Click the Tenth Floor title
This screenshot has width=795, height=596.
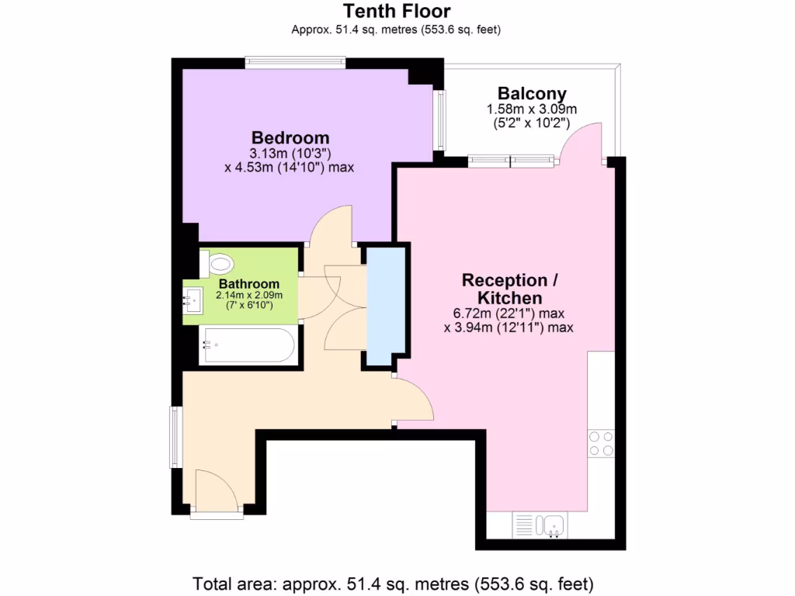pyautogui.click(x=396, y=11)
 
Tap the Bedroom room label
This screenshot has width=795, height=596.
pyautogui.click(x=289, y=139)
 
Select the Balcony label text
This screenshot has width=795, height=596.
pyautogui.click(x=532, y=94)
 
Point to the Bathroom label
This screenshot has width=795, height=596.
pyautogui.click(x=248, y=283)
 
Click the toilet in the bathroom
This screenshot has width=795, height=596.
pyautogui.click(x=217, y=264)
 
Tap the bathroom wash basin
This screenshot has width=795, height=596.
pyautogui.click(x=192, y=299)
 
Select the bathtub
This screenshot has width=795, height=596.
pyautogui.click(x=247, y=345)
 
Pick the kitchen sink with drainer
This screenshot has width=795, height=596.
pyautogui.click(x=540, y=525)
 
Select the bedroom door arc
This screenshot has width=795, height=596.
pyautogui.click(x=331, y=225)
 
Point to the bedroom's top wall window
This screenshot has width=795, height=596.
pyautogui.click(x=294, y=62)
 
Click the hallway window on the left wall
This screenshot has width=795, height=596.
pyautogui.click(x=175, y=437)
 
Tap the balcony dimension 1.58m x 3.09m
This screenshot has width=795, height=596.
pyautogui.click(x=532, y=109)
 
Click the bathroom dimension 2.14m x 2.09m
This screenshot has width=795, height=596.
pyautogui.click(x=248, y=295)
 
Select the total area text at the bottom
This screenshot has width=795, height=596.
pyautogui.click(x=396, y=582)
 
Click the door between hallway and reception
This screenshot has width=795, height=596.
pyautogui.click(x=416, y=400)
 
